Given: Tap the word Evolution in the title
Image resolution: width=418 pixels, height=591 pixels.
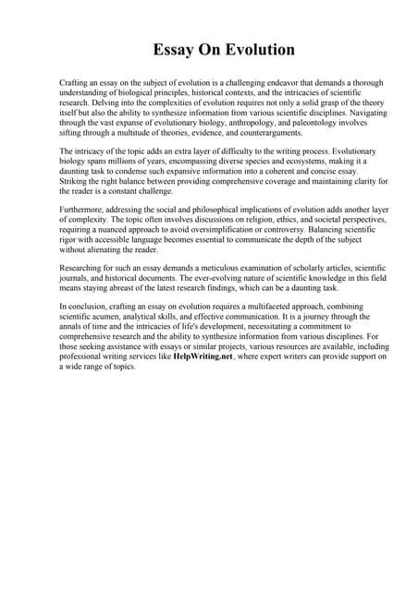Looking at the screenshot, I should (x=248, y=48).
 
